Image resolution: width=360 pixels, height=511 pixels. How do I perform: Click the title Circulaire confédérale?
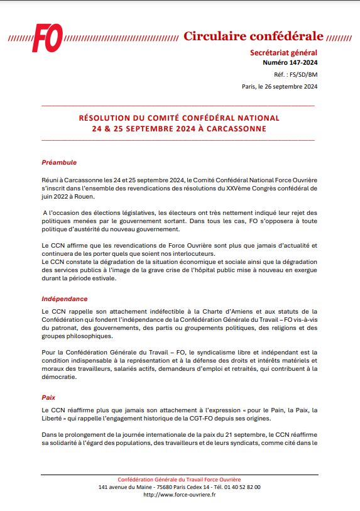tap(253, 36)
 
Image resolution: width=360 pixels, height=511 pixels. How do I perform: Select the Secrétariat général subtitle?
tap(284, 53)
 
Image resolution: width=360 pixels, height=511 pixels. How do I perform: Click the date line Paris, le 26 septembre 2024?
tap(280, 87)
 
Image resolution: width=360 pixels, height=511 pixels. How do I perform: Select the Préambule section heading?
tap(59, 162)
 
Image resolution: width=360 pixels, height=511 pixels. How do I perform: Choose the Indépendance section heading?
tap(65, 299)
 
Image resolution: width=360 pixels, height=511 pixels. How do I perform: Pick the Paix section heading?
tap(48, 398)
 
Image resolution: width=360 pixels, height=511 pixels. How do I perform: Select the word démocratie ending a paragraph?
tap(60, 378)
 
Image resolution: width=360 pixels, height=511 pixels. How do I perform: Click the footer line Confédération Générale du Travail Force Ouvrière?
tap(179, 479)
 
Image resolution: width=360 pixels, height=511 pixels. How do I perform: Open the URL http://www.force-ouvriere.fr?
tap(179, 495)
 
